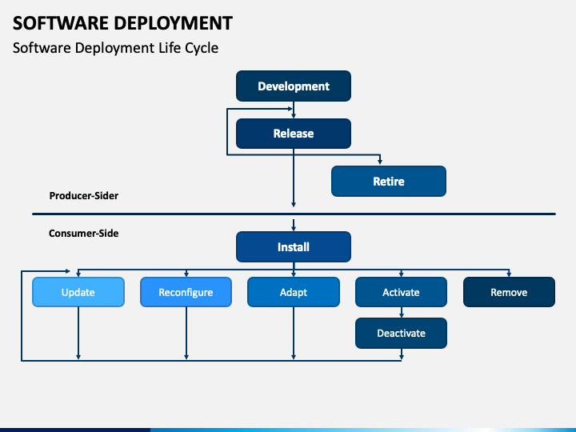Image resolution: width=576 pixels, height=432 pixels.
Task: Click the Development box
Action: tap(294, 86)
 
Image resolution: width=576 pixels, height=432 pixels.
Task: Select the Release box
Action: tap(294, 134)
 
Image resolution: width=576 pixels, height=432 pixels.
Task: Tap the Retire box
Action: tap(389, 181)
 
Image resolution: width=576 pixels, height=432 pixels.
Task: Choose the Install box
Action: tap(294, 247)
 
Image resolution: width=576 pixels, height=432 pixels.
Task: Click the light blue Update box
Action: tap(78, 292)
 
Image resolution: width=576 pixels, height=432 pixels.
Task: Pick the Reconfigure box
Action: tap(186, 292)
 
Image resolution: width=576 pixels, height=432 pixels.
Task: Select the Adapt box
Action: tap(294, 292)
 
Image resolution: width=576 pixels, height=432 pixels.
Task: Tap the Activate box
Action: tap(401, 292)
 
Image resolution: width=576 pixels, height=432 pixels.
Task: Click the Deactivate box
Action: tap(401, 333)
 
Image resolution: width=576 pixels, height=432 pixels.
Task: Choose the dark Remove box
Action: tap(509, 292)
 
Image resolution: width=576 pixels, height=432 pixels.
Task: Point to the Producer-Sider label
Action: tap(84, 196)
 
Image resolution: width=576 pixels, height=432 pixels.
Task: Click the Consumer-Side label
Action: tap(84, 234)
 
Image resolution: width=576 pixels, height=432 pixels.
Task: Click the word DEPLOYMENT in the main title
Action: tap(173, 23)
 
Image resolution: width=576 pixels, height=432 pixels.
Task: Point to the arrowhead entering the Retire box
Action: tap(380, 162)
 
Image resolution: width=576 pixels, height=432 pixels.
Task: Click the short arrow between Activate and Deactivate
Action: tap(401, 312)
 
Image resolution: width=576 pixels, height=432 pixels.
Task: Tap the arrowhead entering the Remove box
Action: tap(509, 274)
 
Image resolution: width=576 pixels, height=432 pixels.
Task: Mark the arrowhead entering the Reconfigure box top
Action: tap(186, 274)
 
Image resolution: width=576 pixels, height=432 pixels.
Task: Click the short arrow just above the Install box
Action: tap(294, 225)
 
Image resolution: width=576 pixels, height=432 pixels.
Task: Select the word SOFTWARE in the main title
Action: tap(61, 23)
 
